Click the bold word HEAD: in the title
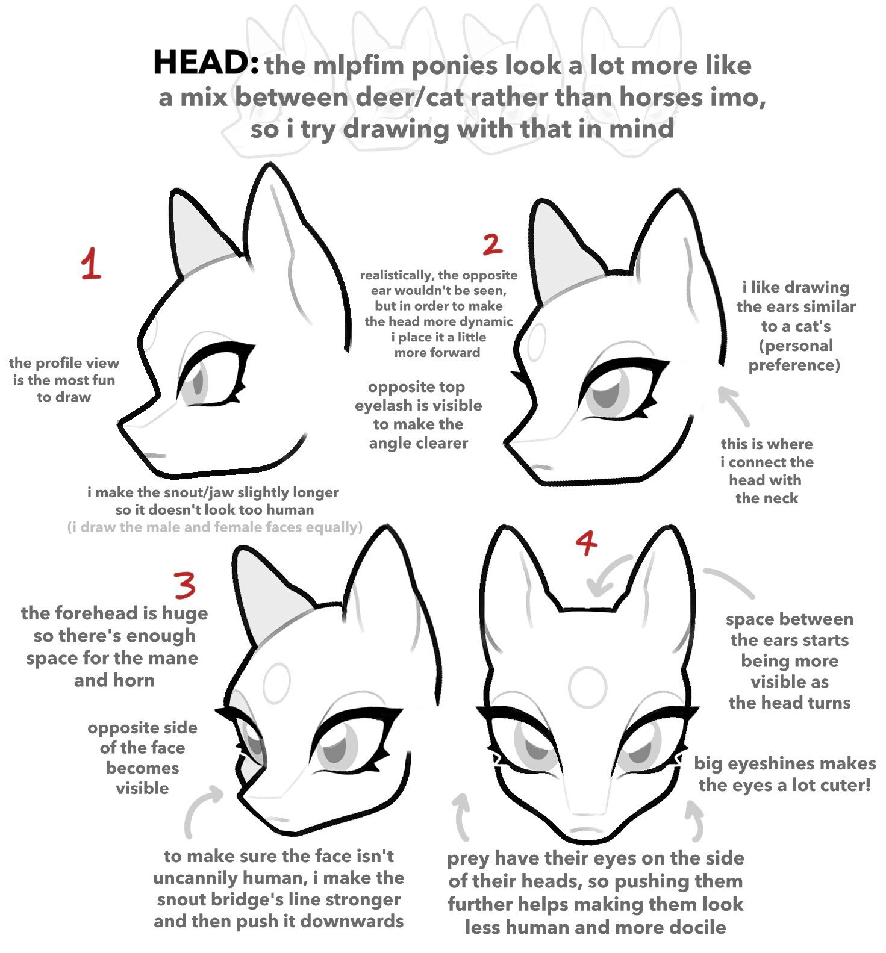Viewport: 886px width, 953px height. click(x=207, y=63)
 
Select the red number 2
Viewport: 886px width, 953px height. click(x=492, y=244)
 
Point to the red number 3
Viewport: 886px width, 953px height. click(x=185, y=584)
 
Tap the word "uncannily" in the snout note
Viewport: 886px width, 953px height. click(x=193, y=878)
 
